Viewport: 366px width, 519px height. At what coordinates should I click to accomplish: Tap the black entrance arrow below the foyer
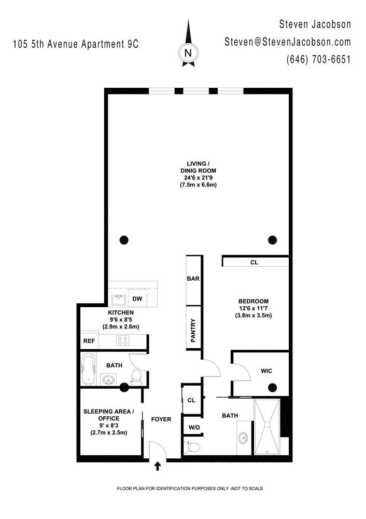tap(158, 467)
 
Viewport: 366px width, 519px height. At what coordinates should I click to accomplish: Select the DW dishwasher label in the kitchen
tap(137, 298)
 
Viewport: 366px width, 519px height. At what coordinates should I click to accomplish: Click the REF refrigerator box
tap(89, 340)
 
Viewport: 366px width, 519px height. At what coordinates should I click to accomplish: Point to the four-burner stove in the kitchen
tap(122, 340)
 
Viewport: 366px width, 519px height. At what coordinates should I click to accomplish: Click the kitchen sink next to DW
tap(118, 300)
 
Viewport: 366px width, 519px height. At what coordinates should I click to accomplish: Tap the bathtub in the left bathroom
tap(88, 369)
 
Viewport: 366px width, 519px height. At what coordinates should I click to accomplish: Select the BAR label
tap(193, 279)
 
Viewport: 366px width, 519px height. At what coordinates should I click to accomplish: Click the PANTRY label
tap(193, 330)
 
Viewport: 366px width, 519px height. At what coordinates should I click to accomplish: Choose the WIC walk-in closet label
tap(266, 371)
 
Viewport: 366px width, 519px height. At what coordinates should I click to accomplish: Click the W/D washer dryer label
tap(194, 427)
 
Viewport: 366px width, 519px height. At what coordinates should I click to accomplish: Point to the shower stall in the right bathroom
tap(267, 426)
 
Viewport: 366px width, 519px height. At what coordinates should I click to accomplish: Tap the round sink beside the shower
tap(243, 438)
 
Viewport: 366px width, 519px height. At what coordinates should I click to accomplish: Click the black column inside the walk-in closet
tap(273, 387)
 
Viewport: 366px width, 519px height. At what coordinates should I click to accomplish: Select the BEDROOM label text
tap(254, 301)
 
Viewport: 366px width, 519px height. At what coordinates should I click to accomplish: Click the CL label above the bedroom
tap(254, 263)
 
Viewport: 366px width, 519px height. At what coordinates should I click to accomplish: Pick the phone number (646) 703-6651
tap(318, 59)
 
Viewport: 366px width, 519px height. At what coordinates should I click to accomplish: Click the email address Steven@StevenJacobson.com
tap(288, 42)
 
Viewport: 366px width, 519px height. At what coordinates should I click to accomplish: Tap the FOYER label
tap(161, 419)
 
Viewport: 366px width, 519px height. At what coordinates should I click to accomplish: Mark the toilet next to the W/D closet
tap(192, 447)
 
